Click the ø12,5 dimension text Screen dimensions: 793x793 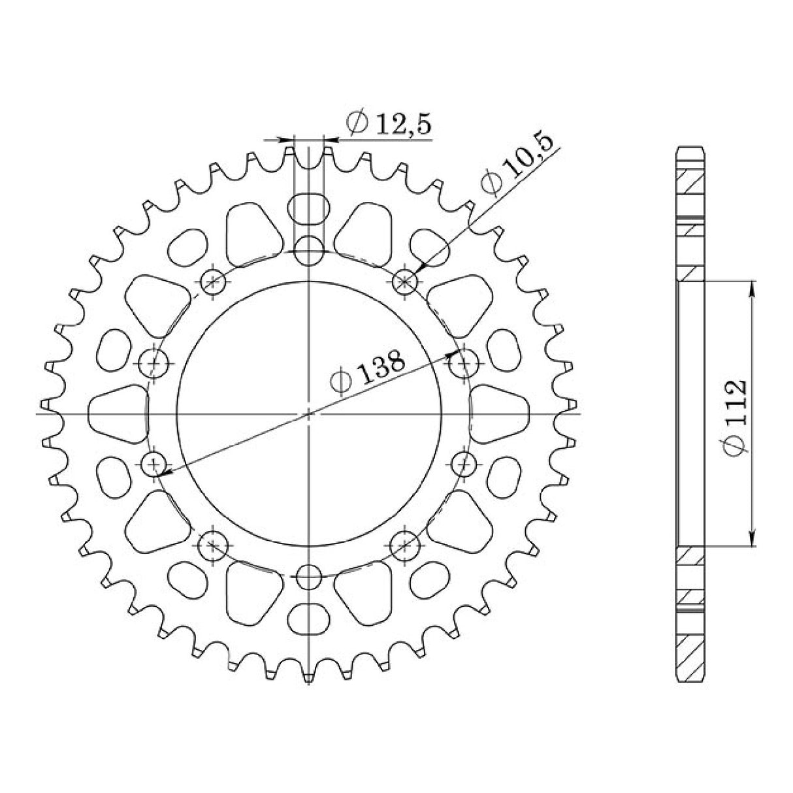click(391, 123)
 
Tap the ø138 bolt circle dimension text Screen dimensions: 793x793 click(369, 375)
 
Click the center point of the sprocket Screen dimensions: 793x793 click(309, 413)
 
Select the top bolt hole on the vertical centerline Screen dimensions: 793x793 click(309, 251)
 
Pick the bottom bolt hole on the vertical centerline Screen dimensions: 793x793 click(309, 577)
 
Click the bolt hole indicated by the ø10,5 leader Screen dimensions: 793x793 click(405, 282)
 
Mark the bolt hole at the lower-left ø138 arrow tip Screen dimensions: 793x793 click(154, 464)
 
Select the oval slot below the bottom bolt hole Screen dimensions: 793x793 click(309, 617)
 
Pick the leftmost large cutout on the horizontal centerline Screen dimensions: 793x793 click(118, 414)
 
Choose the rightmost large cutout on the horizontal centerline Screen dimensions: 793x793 click(500, 414)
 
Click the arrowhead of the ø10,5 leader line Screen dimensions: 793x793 click(418, 269)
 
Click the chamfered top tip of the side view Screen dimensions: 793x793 click(690, 149)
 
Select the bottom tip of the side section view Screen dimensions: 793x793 click(690, 681)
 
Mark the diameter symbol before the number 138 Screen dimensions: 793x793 click(340, 384)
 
